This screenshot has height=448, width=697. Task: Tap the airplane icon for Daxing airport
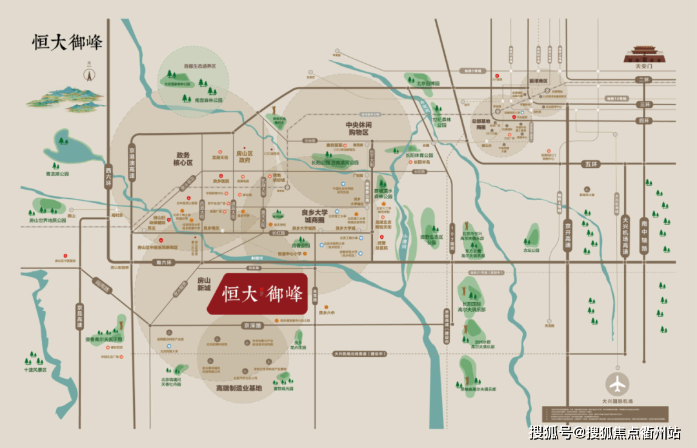[x=618, y=383]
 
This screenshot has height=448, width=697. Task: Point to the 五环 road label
[x=591, y=164]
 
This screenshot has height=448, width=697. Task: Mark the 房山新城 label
[x=204, y=285]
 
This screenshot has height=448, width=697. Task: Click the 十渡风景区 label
[x=36, y=371]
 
